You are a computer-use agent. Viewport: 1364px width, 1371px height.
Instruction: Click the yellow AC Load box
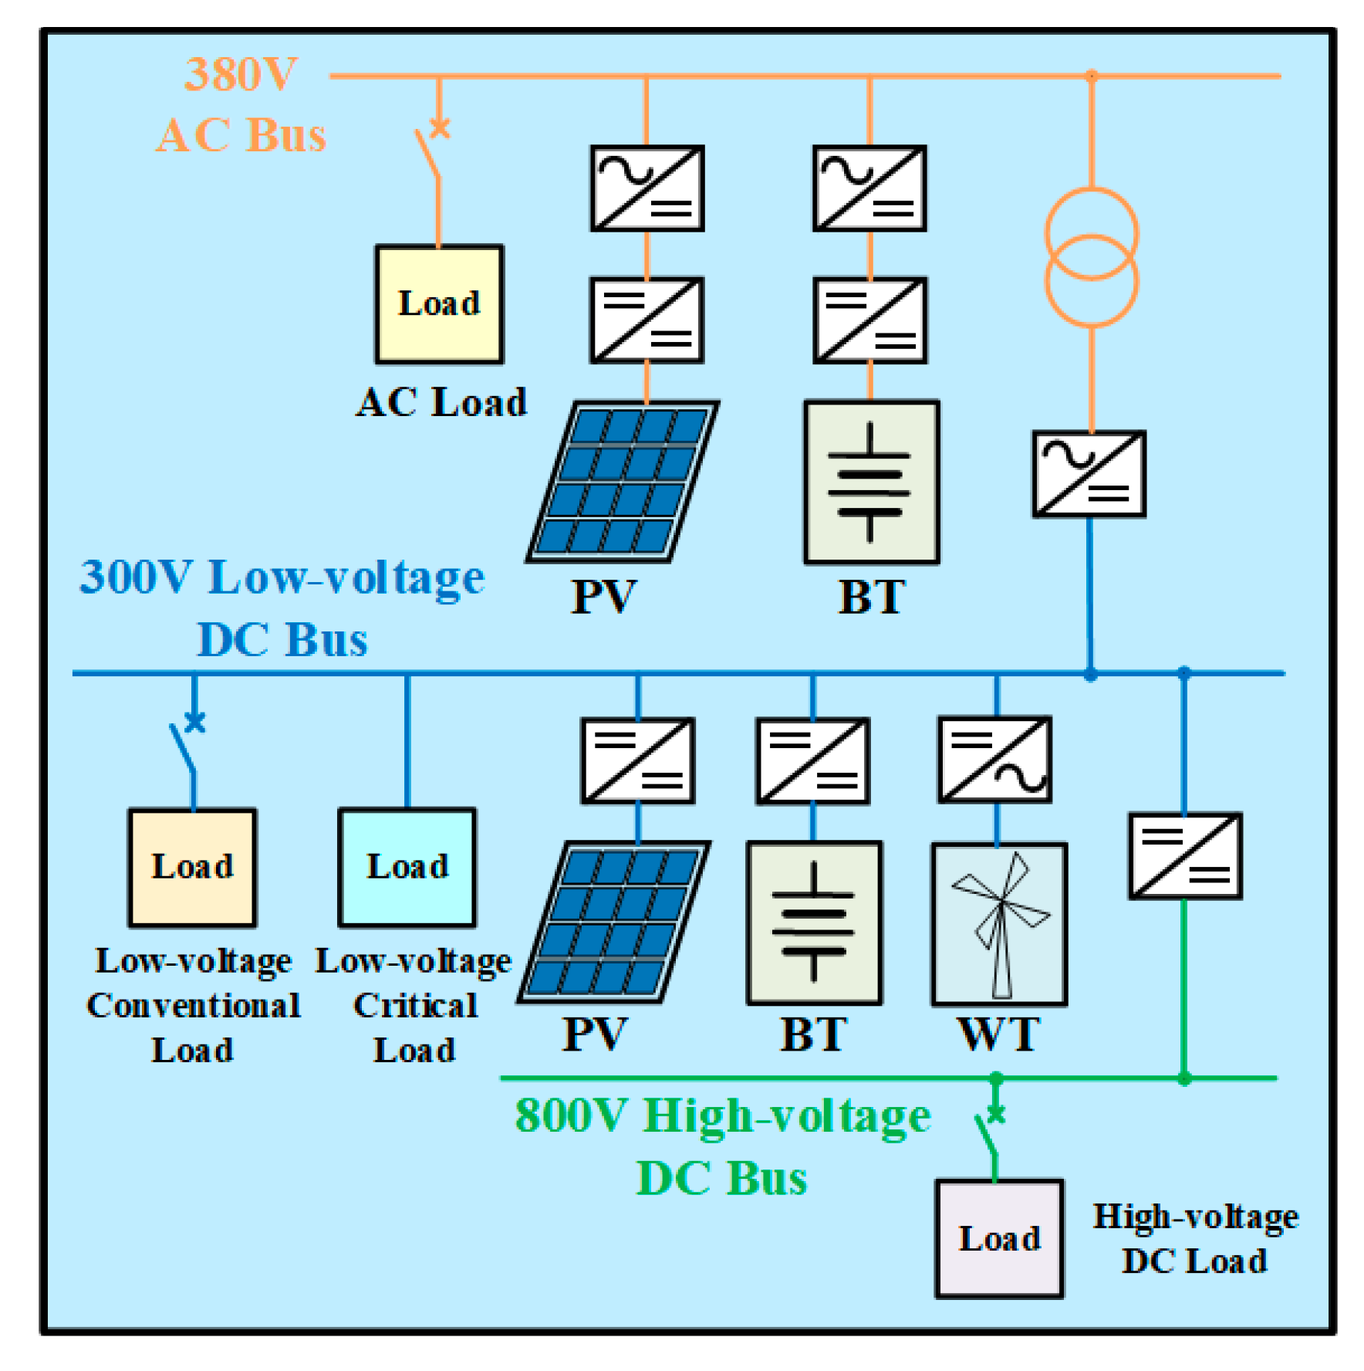[x=439, y=304]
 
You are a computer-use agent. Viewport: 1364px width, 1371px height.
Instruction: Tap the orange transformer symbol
[x=1091, y=257]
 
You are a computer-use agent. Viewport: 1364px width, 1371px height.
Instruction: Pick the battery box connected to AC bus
[x=871, y=482]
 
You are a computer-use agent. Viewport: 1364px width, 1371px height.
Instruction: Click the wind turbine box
[x=999, y=923]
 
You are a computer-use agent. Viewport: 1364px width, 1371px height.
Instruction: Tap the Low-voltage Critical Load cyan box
[x=407, y=867]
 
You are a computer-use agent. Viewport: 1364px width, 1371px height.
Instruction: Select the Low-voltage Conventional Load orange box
[x=192, y=867]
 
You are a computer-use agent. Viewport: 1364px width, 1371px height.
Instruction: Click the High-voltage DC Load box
[x=998, y=1237]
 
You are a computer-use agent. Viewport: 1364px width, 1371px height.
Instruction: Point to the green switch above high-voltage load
[x=988, y=1132]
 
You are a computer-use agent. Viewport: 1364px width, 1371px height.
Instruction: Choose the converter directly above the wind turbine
[x=994, y=760]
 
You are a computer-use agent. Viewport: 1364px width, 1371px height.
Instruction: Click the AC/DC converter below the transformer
[x=1089, y=473]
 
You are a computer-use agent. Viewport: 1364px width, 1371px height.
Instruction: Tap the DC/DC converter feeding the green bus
[x=1184, y=855]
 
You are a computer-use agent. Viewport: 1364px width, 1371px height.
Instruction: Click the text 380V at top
[x=241, y=75]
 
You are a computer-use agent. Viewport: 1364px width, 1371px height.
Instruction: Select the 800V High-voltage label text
[x=722, y=1116]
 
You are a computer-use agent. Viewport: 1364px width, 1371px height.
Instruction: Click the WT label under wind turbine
[x=998, y=1034]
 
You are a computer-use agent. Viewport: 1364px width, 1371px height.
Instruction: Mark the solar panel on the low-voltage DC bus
[x=614, y=921]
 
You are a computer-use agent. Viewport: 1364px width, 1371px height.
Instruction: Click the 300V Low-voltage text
[x=282, y=577]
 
